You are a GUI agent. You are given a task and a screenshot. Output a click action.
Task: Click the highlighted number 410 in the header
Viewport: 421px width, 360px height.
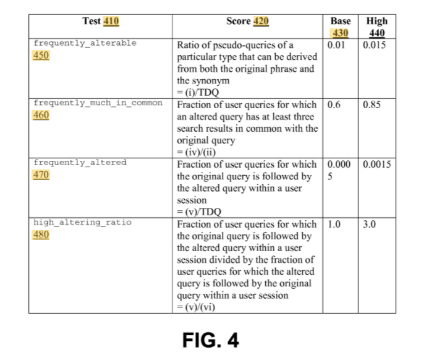[111, 21]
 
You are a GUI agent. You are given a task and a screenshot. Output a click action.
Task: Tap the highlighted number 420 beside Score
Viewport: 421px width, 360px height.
[261, 21]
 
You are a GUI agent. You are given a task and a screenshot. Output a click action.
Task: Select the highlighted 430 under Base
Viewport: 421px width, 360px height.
[340, 33]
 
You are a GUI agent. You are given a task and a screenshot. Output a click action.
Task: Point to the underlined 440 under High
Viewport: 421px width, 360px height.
[377, 33]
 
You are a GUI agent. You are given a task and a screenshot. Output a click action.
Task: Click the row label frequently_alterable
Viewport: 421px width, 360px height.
[85, 43]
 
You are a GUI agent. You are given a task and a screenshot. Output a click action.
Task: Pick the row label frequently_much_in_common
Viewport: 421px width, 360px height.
[98, 103]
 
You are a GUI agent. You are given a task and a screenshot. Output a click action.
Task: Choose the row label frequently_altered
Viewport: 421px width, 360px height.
[80, 163]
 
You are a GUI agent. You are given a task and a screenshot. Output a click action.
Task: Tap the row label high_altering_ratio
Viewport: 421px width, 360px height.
[82, 222]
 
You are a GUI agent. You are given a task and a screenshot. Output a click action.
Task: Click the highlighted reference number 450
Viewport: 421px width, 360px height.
[41, 55]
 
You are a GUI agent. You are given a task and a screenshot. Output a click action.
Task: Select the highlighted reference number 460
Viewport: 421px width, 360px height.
[41, 115]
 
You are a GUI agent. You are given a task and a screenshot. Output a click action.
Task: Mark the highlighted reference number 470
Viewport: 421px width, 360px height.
[41, 174]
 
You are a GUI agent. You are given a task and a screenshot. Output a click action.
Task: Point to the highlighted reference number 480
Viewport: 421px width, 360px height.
[41, 234]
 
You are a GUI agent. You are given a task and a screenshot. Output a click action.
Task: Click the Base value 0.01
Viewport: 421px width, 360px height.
[336, 45]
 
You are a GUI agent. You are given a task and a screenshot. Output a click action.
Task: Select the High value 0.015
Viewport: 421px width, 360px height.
[374, 45]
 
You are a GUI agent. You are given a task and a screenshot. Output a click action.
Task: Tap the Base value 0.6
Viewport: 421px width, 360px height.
[334, 105]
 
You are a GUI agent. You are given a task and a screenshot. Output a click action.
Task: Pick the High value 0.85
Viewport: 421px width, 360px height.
[372, 105]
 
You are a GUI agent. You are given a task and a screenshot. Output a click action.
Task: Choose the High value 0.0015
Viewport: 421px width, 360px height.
[377, 164]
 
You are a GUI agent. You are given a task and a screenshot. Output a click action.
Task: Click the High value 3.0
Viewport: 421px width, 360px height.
[370, 224]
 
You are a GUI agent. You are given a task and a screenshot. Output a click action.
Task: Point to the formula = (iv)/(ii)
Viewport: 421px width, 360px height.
[196, 152]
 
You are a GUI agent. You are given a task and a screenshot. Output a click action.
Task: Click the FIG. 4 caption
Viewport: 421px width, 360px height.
[210, 340]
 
